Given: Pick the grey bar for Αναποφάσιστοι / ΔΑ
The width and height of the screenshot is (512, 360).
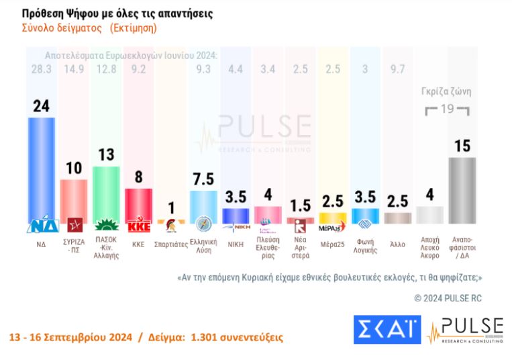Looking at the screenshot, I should point(462,189).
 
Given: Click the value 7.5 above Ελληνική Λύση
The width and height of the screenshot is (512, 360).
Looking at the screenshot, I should point(203,179).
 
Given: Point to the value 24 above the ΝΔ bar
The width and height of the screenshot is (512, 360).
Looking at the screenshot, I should point(42,105).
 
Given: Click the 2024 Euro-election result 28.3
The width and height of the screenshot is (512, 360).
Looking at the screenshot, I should point(42,69).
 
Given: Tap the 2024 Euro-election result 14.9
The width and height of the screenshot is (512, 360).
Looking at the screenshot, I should point(74,69).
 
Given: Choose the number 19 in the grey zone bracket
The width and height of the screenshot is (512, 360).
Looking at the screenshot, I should point(446,109).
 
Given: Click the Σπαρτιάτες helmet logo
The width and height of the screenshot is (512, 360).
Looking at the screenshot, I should point(170,226).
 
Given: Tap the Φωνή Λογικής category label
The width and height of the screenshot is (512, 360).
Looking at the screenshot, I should point(365,248).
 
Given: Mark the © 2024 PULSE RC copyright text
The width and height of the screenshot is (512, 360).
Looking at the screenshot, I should point(448,298).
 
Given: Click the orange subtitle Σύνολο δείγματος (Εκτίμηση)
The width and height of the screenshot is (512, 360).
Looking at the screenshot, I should point(90,28).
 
